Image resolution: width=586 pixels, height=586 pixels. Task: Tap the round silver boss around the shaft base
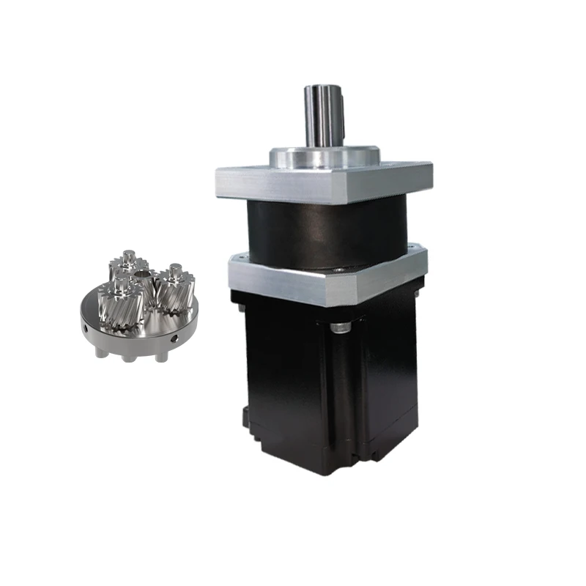click(322, 156)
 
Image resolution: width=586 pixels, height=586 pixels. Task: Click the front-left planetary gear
click(120, 305)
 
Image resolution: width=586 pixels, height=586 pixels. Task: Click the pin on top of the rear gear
click(130, 254)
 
